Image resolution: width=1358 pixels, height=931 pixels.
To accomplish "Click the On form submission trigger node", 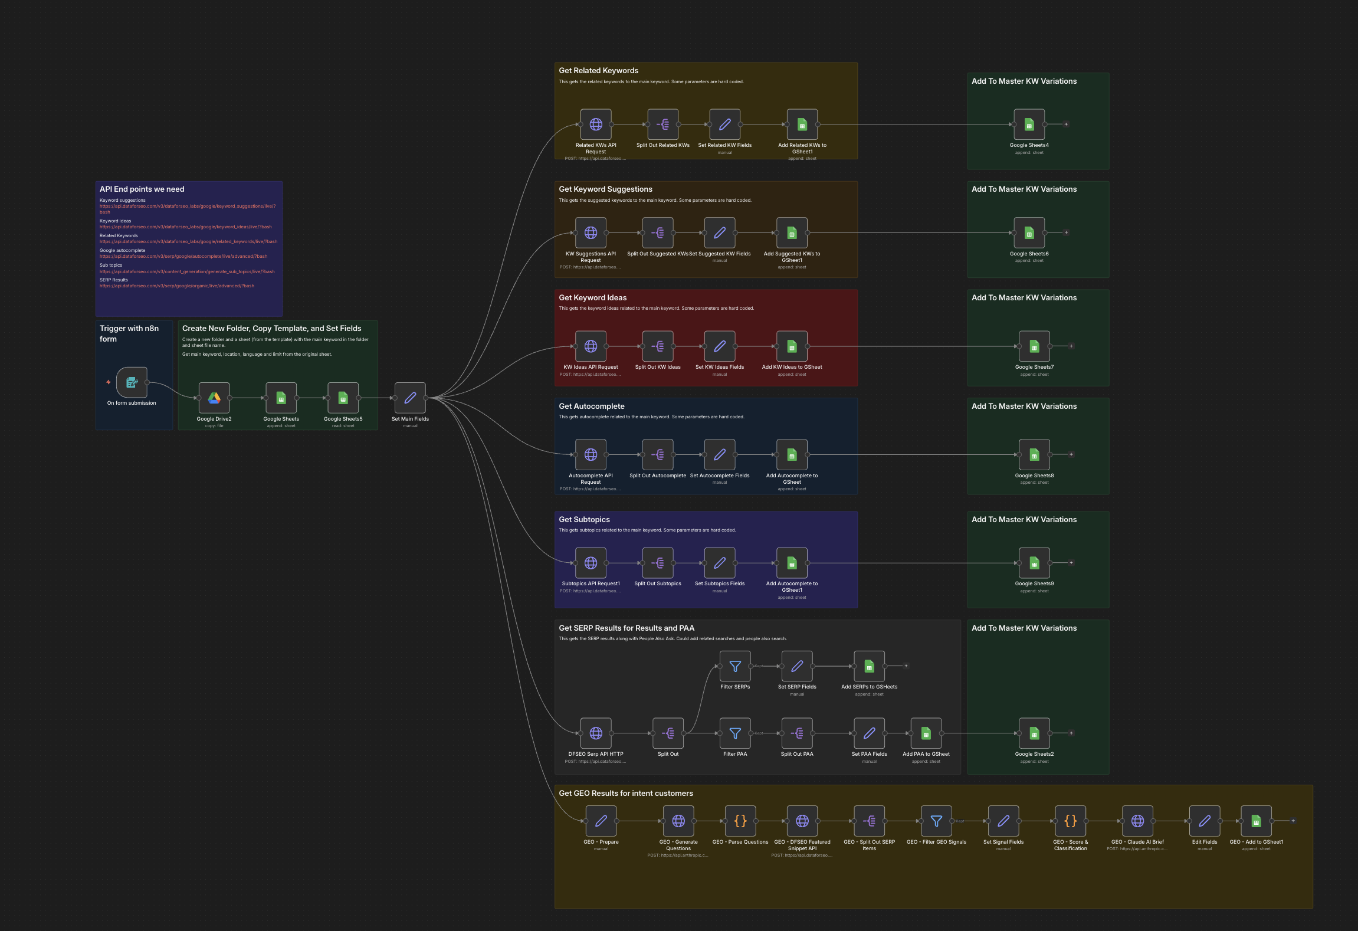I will pyautogui.click(x=132, y=382).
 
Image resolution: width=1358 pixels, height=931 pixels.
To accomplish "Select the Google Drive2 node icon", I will pyautogui.click(x=214, y=398).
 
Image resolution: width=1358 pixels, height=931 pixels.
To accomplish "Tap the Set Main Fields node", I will pyautogui.click(x=410, y=398).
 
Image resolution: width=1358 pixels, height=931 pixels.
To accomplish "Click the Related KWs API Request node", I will pyautogui.click(x=596, y=124).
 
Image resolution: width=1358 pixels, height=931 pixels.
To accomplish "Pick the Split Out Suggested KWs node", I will pyautogui.click(x=658, y=233).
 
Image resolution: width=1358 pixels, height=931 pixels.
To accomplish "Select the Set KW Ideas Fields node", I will pyautogui.click(x=720, y=346).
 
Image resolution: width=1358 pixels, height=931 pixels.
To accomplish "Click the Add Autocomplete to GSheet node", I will pyautogui.click(x=792, y=455).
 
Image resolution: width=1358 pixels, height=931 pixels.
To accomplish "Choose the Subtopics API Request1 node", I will pyautogui.click(x=591, y=563).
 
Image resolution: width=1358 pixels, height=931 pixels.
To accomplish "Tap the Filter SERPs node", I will pyautogui.click(x=735, y=666).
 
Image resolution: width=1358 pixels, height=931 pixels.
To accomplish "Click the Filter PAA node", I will pyautogui.click(x=735, y=733).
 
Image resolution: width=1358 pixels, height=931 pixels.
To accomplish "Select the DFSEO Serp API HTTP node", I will pyautogui.click(x=596, y=733).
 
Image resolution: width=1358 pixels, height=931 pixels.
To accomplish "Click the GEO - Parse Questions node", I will pyautogui.click(x=740, y=821).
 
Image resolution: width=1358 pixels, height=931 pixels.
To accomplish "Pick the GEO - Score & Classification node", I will pyautogui.click(x=1071, y=821).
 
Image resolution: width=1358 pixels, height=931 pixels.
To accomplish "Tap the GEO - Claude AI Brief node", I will pyautogui.click(x=1137, y=821).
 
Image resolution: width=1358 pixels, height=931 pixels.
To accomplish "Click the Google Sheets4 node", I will pyautogui.click(x=1029, y=124).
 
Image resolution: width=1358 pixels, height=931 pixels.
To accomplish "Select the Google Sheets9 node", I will pyautogui.click(x=1034, y=563).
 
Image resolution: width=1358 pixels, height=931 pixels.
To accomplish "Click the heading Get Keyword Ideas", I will pyautogui.click(x=592, y=298).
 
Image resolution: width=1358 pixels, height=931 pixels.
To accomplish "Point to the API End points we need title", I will pyautogui.click(x=142, y=189).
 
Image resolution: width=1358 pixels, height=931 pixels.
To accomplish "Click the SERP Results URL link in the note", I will pyautogui.click(x=177, y=286).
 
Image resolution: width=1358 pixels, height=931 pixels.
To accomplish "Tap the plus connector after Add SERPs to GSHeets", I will pyautogui.click(x=906, y=666).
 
